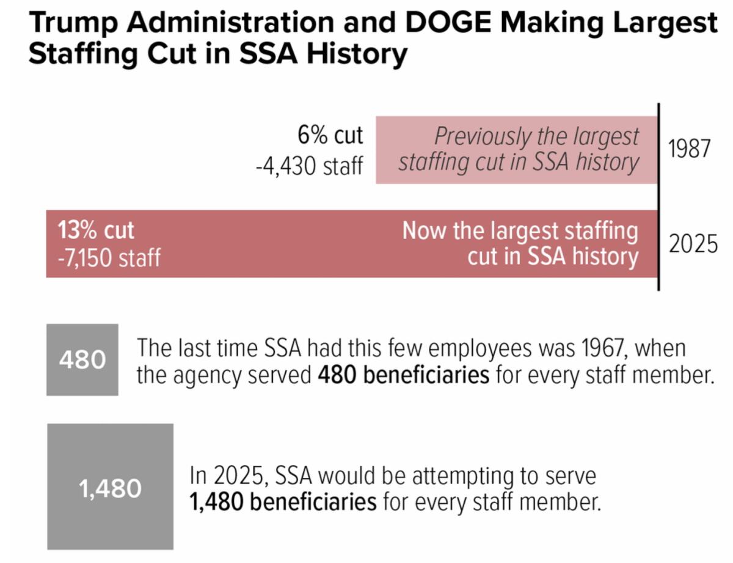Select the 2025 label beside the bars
693,244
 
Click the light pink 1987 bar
516,150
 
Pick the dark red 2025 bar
275,244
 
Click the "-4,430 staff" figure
310,165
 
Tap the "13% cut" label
96,230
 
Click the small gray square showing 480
82,359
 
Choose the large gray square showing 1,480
110,487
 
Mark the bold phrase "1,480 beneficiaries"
283,502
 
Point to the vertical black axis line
658,196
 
